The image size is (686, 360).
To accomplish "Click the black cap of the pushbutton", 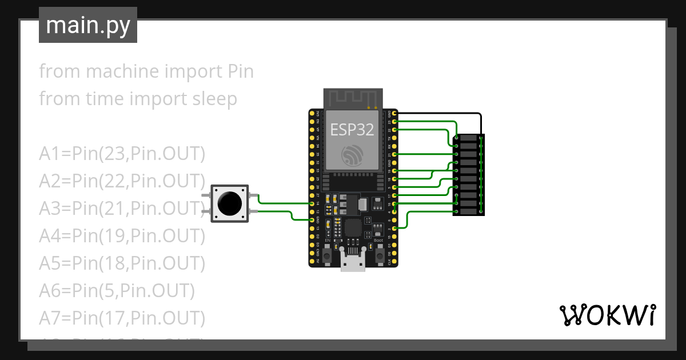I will tap(229, 203).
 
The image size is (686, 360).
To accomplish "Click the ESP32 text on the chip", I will tap(352, 130).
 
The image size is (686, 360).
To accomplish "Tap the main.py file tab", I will tap(88, 25).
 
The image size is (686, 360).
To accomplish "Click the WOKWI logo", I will tap(607, 315).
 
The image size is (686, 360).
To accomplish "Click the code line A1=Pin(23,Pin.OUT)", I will tap(122, 154).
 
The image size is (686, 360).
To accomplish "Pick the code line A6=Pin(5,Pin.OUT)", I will tap(117, 290).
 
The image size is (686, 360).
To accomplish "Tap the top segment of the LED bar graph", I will tap(469, 139).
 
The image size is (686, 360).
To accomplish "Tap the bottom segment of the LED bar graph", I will tap(469, 211).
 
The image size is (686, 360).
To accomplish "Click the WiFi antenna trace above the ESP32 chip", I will tap(352, 98).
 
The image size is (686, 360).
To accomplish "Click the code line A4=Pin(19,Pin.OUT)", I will tap(122, 235).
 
